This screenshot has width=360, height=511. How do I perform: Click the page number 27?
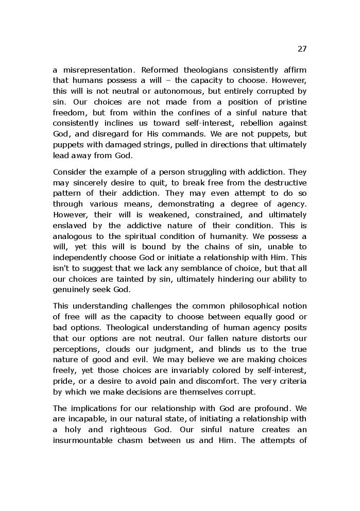pos(302,49)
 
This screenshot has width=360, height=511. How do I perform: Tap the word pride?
pos(62,381)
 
